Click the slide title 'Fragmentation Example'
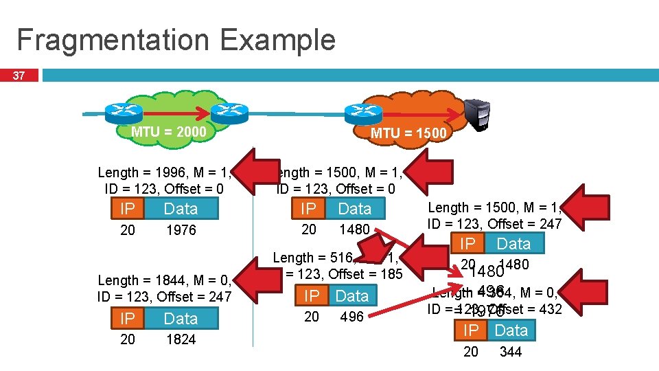pyautogui.click(x=176, y=40)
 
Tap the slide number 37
pyautogui.click(x=21, y=74)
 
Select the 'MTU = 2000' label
pyautogui.click(x=168, y=131)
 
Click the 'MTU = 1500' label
pyautogui.click(x=408, y=133)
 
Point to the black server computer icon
pyautogui.click(x=478, y=113)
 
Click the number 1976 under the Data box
pyautogui.click(x=181, y=230)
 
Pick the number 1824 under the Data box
pyautogui.click(x=181, y=339)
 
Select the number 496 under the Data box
pyautogui.click(x=351, y=317)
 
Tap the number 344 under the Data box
pyautogui.click(x=511, y=352)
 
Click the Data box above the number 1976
pyautogui.click(x=181, y=209)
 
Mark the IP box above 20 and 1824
pyautogui.click(x=128, y=319)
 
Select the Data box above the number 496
pyautogui.click(x=352, y=296)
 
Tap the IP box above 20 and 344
pyautogui.click(x=471, y=330)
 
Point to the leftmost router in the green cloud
pyautogui.click(x=123, y=111)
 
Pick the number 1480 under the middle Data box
pyautogui.click(x=355, y=229)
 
